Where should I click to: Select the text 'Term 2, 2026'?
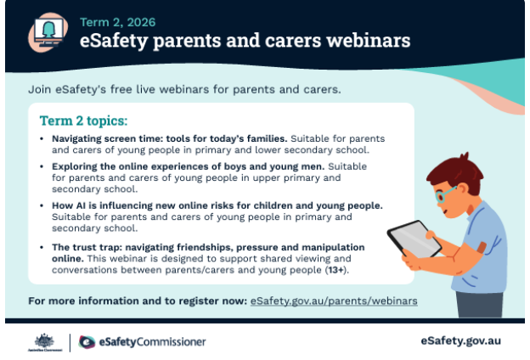[x=117, y=22]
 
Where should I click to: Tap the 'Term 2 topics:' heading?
[x=83, y=121]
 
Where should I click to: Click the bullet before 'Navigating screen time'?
[x=42, y=138]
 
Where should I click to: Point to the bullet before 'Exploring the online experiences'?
[x=42, y=166]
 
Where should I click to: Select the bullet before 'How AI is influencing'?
[x=42, y=205]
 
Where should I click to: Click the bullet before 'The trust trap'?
[x=42, y=247]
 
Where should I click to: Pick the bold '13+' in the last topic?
[x=335, y=270]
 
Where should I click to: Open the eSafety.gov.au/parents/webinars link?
[x=334, y=301]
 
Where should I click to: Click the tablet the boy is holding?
[x=414, y=239]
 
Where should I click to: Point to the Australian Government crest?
[x=45, y=342]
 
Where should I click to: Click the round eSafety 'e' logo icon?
[x=87, y=342]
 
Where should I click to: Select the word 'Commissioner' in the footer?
[x=171, y=342]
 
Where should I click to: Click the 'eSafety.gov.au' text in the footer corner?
[x=460, y=340]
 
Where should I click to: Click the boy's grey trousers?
[x=479, y=304]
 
